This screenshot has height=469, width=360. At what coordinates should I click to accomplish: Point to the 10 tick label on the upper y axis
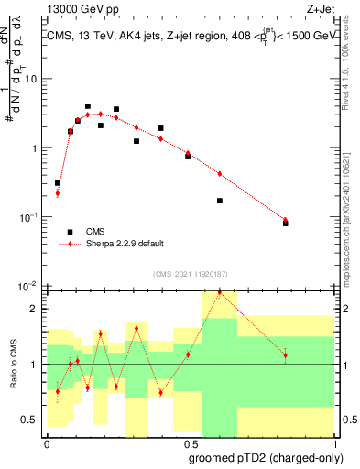(x=32, y=79)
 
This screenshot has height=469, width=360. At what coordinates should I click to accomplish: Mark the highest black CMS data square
(x=88, y=106)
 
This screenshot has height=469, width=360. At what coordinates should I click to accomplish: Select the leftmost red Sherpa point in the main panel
(x=58, y=192)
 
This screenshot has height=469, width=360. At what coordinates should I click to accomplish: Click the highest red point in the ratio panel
(x=220, y=292)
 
